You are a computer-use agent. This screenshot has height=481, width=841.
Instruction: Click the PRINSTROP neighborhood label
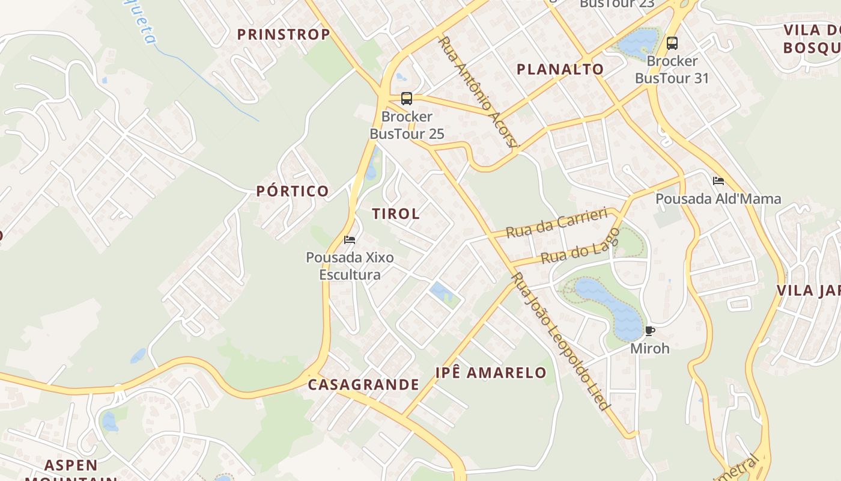(x=284, y=34)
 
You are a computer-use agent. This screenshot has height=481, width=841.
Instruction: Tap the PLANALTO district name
(x=560, y=69)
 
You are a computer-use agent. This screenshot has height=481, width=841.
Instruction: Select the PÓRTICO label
(x=293, y=191)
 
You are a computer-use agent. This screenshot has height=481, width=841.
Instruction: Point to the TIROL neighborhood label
(x=396, y=213)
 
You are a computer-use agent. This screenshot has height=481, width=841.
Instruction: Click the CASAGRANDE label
(x=363, y=385)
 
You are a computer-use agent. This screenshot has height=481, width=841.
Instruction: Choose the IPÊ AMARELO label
(x=491, y=373)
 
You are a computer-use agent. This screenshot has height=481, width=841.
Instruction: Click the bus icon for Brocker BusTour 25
(x=407, y=99)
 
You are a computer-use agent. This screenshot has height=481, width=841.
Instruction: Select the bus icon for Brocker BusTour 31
(x=672, y=43)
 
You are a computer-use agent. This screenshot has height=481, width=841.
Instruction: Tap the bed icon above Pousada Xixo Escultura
(x=350, y=240)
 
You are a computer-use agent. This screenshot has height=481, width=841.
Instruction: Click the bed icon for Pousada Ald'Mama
(x=718, y=181)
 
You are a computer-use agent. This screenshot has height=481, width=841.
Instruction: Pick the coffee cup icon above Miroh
(x=649, y=331)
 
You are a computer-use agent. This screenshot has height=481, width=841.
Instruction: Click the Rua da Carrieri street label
(x=556, y=223)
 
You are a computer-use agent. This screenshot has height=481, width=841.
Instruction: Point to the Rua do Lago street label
(x=580, y=247)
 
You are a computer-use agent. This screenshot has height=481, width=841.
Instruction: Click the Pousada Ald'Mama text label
(x=718, y=198)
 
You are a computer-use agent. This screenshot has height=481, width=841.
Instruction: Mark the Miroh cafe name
(x=649, y=348)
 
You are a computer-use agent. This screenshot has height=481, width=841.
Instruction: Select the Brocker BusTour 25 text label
(x=407, y=125)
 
